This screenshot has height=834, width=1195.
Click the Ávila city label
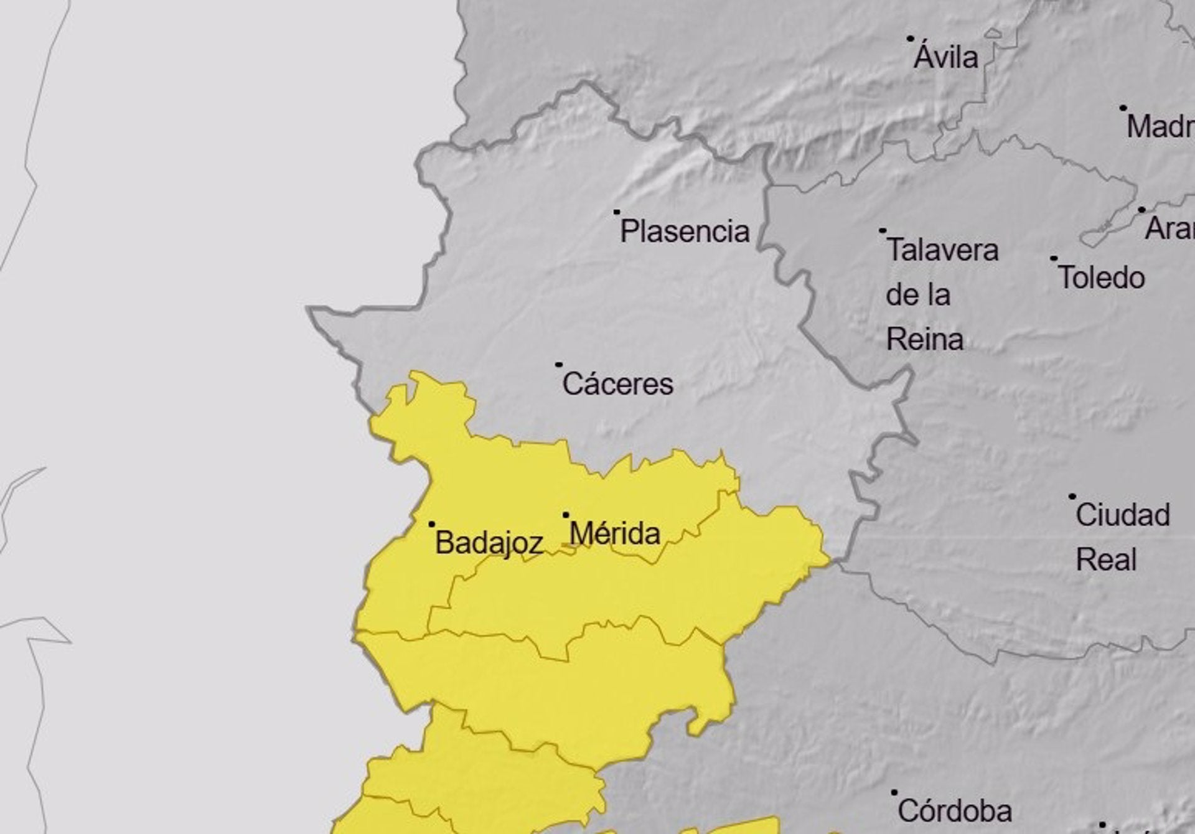click(946, 58)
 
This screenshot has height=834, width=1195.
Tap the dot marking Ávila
click(910, 39)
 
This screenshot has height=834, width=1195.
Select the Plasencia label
click(685, 232)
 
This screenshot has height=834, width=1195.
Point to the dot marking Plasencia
click(617, 212)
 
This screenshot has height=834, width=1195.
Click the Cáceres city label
click(617, 384)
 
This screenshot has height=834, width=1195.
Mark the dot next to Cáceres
click(559, 365)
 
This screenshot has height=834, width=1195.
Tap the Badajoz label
click(489, 543)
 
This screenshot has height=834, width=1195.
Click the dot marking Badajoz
click(432, 525)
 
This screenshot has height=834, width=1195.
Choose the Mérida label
click(614, 534)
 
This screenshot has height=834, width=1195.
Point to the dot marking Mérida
click(566, 515)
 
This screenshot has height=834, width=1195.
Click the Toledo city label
click(1102, 278)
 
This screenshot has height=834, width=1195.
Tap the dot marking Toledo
click(1054, 258)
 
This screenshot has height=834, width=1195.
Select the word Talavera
click(942, 250)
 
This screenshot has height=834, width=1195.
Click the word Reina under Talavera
click(924, 340)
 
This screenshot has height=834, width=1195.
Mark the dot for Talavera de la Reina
click(883, 231)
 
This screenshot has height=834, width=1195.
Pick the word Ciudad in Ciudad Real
click(1122, 515)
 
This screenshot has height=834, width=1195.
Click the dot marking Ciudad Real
click(1072, 497)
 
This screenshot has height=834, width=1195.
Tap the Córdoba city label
click(955, 811)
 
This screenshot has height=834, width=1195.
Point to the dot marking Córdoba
click(894, 792)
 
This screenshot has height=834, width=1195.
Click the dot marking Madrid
click(1123, 108)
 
